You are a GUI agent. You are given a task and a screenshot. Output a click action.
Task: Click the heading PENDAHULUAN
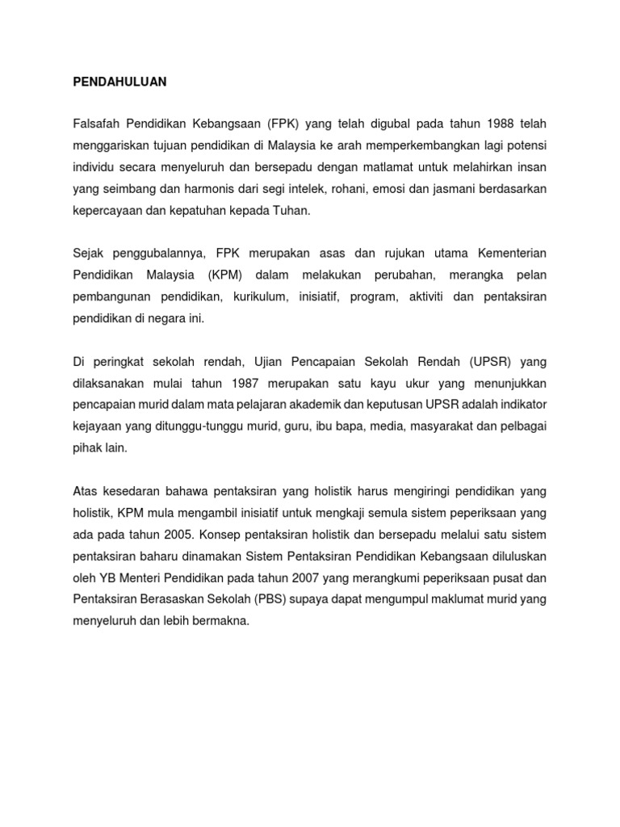119,82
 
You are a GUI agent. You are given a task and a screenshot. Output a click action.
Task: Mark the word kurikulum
258,297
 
